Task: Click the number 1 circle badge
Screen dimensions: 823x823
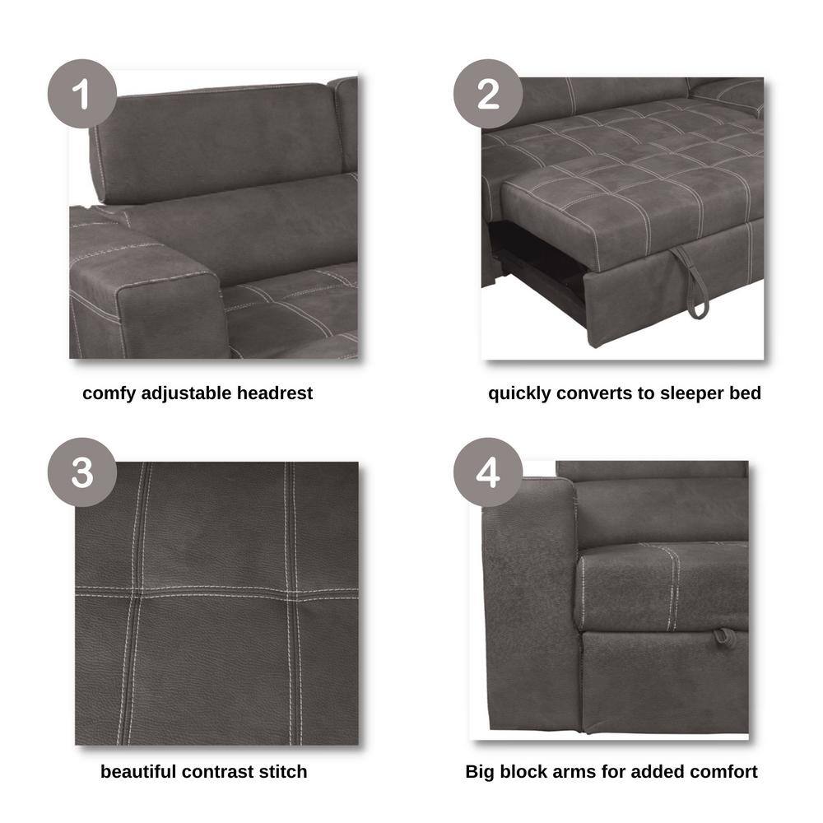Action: click(82, 94)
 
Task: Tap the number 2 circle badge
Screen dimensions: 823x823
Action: click(488, 94)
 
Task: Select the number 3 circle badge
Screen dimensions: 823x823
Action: click(82, 472)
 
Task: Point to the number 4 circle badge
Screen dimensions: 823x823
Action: click(488, 472)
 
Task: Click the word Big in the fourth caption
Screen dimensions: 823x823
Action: click(480, 773)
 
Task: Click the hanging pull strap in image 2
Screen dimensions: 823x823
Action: click(690, 281)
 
